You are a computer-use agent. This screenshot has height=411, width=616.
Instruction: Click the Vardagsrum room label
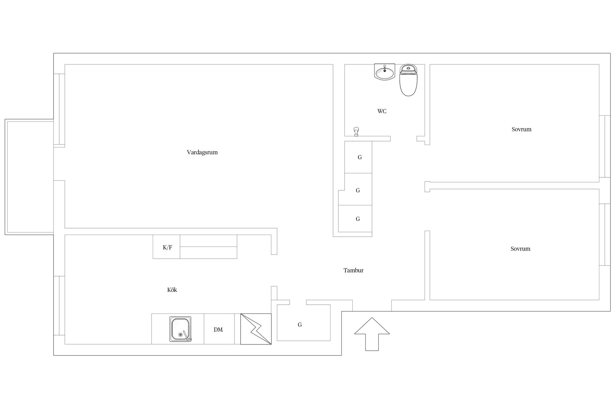pos(202,152)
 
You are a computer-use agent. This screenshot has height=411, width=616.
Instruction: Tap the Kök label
pos(172,290)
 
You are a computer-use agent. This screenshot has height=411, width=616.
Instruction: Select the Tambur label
pos(353,270)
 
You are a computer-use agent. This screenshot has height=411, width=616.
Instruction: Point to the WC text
pos(382,111)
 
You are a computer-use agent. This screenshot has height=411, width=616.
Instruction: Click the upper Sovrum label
pos(521,129)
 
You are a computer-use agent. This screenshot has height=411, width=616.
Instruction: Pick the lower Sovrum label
pos(520,249)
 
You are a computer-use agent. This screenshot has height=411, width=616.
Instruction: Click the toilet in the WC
pos(408,80)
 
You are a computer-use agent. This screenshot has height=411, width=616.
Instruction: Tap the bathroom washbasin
pos(385,72)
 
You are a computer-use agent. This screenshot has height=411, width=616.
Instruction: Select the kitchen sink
pos(180,329)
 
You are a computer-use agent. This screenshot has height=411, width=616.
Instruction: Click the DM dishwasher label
pos(218,330)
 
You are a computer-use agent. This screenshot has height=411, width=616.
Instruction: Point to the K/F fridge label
pos(167,247)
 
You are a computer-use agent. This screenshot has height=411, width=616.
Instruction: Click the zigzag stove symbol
pos(256,329)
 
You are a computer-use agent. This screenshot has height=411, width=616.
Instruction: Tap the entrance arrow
pos(372,334)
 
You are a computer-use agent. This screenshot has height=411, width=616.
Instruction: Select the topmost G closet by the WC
pos(358,157)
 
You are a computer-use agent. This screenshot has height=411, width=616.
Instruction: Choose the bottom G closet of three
pos(355,219)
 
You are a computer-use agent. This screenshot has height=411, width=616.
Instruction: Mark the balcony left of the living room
pos(29,177)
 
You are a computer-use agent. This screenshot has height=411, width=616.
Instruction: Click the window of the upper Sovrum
pos(605,146)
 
